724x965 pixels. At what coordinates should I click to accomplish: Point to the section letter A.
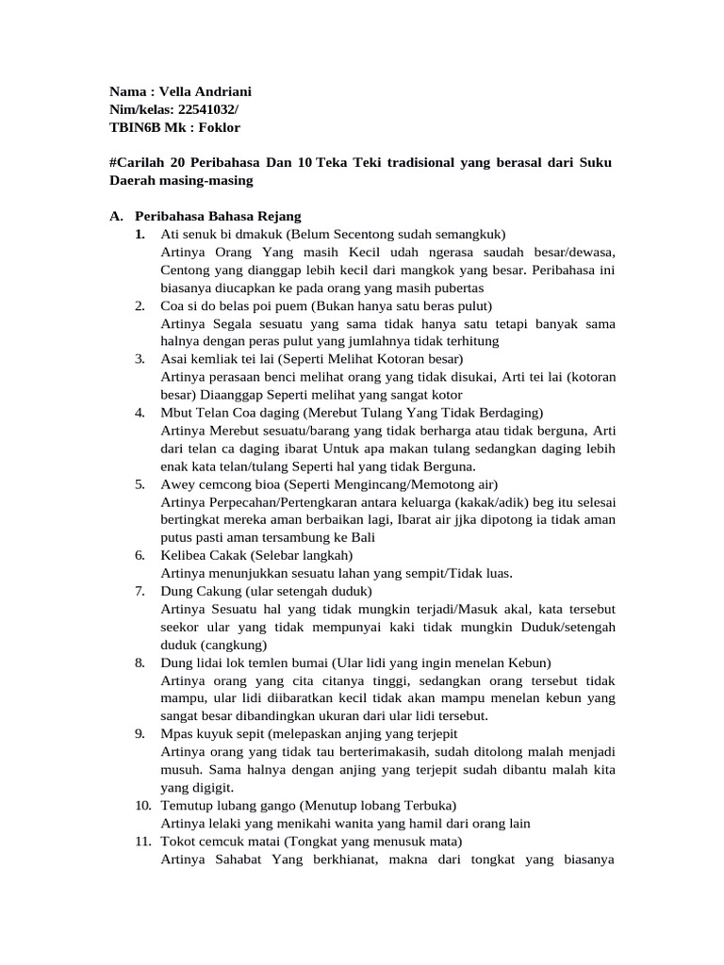[x=115, y=216]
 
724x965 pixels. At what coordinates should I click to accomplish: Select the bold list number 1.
[x=139, y=234]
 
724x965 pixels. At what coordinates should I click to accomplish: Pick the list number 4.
[x=139, y=413]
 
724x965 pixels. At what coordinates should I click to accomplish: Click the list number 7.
[x=139, y=591]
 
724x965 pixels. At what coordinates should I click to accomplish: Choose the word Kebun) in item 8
[x=526, y=662]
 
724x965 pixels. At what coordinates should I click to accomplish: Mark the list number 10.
[x=141, y=806]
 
